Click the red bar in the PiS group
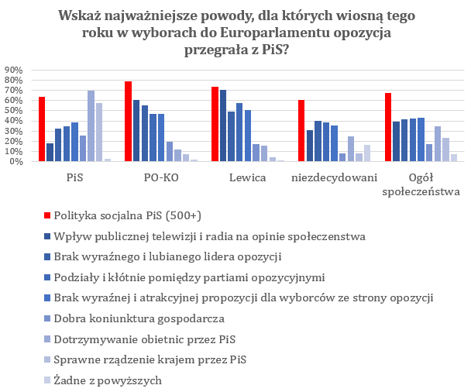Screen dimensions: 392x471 coord(42,129)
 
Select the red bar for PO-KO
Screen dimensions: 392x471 coord(129,122)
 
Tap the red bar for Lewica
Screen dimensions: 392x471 coord(215,124)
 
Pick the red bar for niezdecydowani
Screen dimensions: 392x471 coord(301,131)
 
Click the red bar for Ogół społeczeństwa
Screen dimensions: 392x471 coord(387,127)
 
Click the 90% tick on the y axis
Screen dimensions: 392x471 coord(15,70)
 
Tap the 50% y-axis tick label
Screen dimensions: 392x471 coord(15,111)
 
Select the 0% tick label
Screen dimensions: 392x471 coord(18,162)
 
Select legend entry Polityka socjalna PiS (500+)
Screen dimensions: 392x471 coord(136,215)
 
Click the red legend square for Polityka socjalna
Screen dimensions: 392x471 coord(46,215)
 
